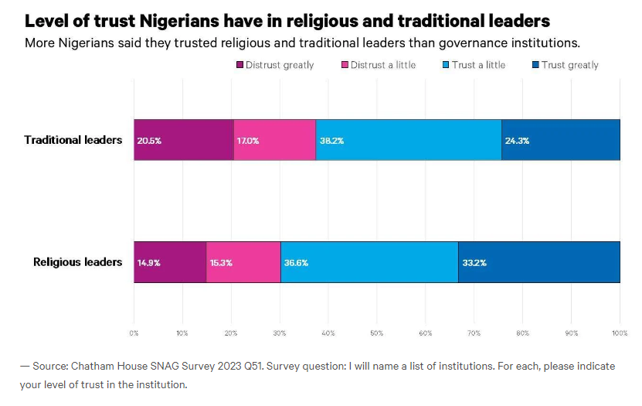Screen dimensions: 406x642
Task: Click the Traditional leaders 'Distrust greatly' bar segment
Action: click(184, 140)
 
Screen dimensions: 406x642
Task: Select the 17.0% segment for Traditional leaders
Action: click(274, 140)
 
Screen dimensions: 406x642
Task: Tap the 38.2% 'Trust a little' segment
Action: click(408, 140)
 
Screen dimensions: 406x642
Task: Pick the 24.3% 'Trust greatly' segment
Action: click(560, 140)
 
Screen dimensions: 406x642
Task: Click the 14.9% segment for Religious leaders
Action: click(170, 262)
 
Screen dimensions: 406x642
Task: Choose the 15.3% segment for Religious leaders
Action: click(243, 262)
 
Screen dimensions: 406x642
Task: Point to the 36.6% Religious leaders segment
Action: click(369, 262)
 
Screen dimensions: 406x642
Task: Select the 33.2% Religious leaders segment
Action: click(538, 262)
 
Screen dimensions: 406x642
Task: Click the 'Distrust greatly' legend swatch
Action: click(239, 65)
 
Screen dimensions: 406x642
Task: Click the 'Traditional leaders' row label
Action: click(73, 140)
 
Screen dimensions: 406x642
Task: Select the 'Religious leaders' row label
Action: click(77, 262)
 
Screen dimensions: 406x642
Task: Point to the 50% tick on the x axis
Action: click(376, 333)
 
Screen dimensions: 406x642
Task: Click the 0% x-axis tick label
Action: click(134, 333)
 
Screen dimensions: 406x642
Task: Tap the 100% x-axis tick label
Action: click(618, 333)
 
